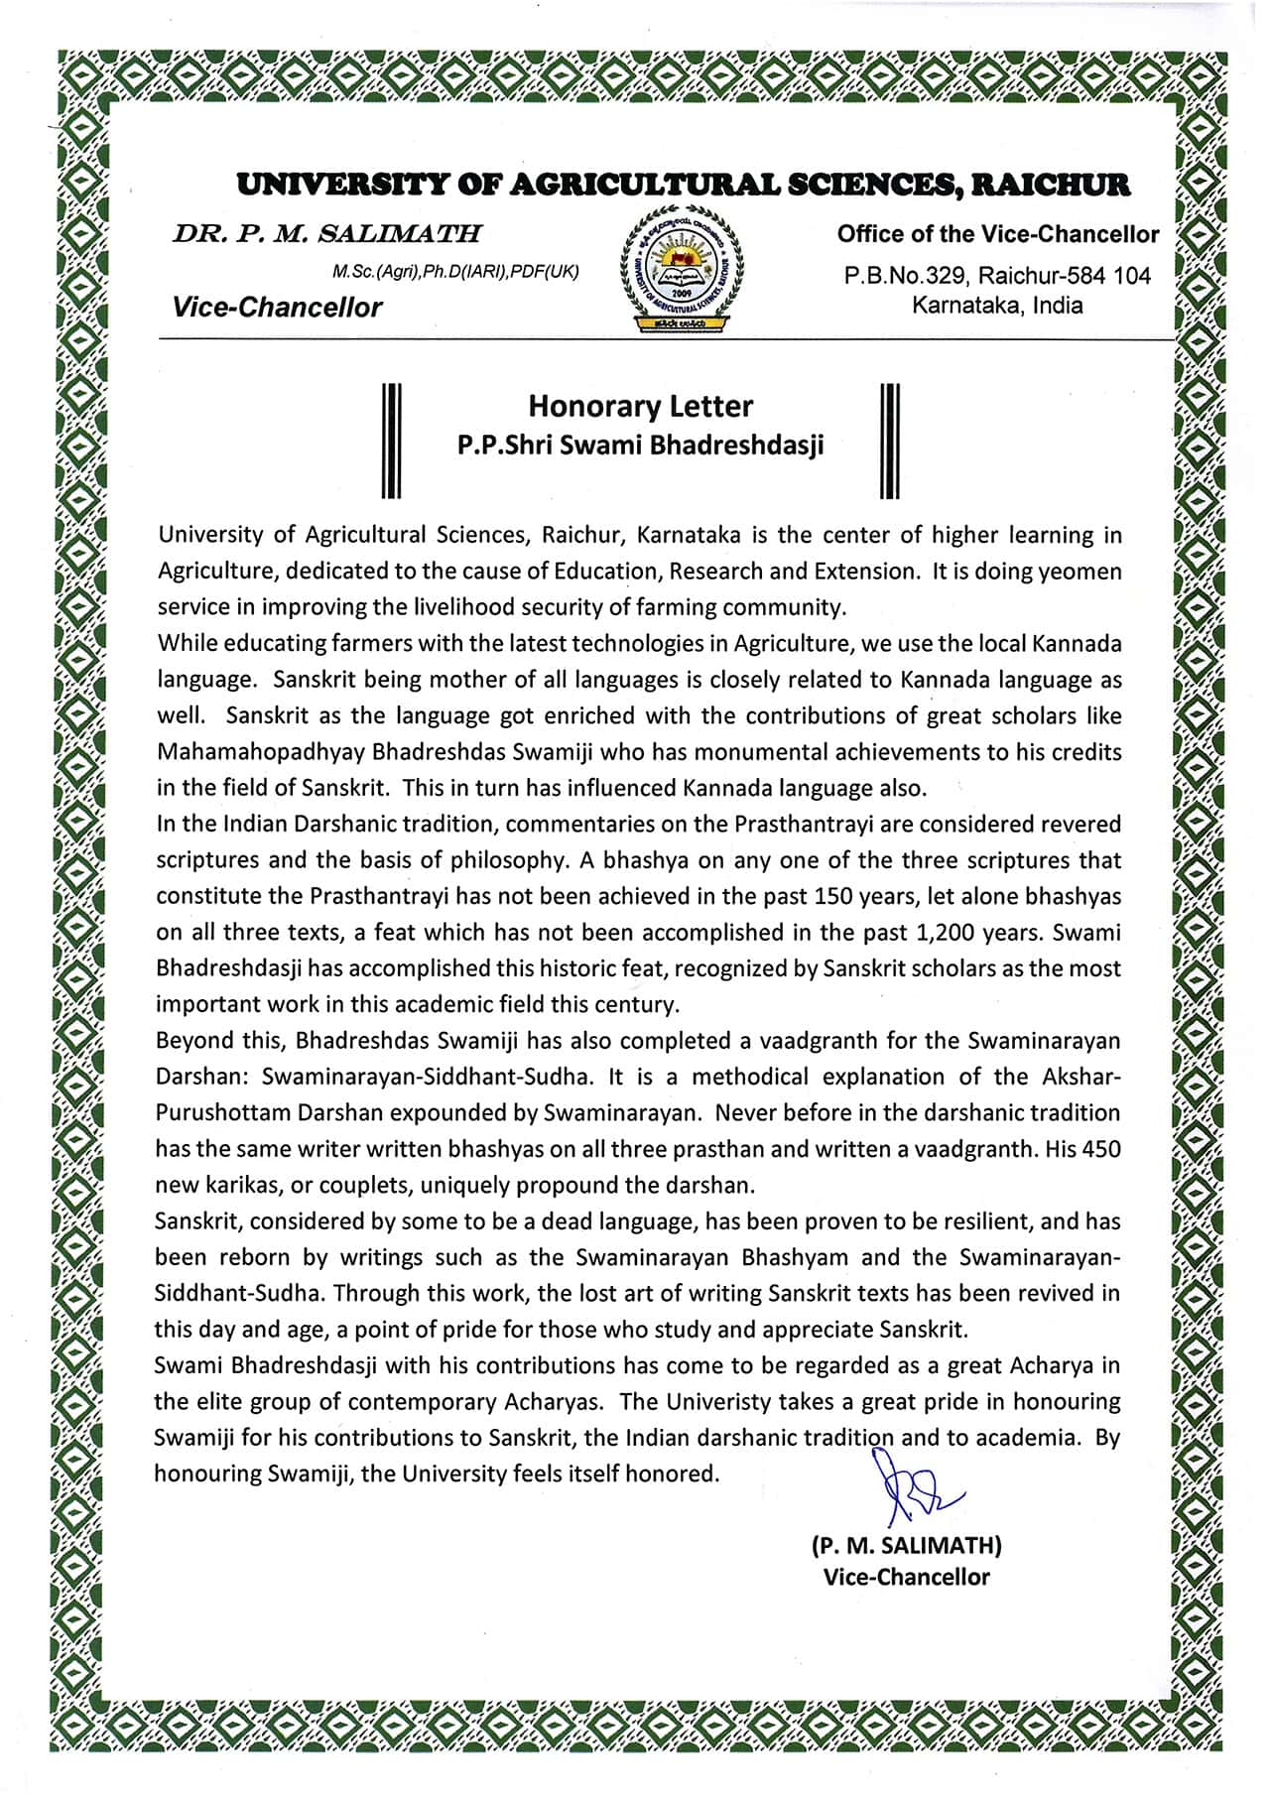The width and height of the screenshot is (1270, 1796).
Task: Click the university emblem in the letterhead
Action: coord(681,269)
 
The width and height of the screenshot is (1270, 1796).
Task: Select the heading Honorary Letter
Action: coord(640,406)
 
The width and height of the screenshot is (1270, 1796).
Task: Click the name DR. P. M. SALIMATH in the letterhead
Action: coord(326,235)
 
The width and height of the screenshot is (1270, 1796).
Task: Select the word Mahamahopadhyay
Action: coord(260,752)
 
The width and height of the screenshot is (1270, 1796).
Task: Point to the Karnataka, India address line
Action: coord(997,306)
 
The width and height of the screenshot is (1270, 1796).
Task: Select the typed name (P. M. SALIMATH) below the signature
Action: coord(906,1545)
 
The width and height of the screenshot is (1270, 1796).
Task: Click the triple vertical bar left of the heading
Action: coord(391,439)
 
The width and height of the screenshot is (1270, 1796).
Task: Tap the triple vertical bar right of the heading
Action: coord(890,439)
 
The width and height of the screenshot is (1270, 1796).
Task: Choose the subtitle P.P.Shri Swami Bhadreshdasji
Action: coord(640,446)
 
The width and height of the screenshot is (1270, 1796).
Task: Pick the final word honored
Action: coord(677,1474)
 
